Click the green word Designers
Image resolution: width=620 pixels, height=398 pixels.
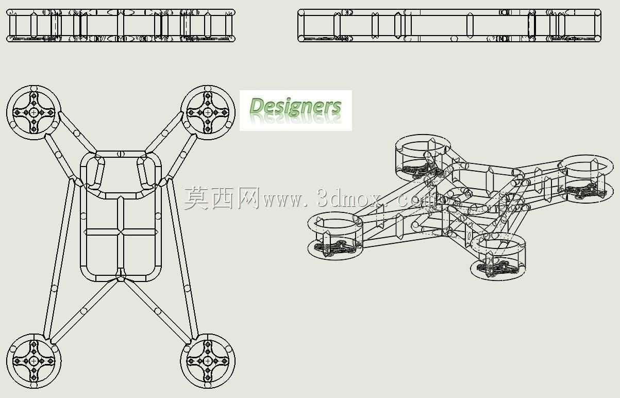[295, 106]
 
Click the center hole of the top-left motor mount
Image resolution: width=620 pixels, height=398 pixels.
[34, 112]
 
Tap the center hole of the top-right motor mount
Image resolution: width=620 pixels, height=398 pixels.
[208, 112]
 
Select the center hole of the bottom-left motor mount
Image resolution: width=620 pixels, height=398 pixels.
[34, 361]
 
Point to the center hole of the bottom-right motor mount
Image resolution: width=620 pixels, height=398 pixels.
[208, 361]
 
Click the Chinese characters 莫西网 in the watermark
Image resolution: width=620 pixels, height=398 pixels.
[222, 198]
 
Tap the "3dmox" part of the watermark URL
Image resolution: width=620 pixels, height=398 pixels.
[350, 198]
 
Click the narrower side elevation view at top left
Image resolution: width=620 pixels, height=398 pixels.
[121, 25]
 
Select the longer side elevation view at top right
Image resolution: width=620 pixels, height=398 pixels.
[449, 25]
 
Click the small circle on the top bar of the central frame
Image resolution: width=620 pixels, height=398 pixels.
[121, 154]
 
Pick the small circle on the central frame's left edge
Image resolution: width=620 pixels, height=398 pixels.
[83, 216]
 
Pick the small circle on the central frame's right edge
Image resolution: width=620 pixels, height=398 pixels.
[158, 216]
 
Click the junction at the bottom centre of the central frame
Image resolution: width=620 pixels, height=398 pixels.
[121, 278]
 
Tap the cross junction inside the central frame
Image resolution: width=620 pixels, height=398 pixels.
[121, 232]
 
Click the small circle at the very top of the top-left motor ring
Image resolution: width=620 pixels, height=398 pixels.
[34, 89]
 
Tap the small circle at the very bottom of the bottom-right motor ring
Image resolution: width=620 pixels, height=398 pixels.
[208, 385]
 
